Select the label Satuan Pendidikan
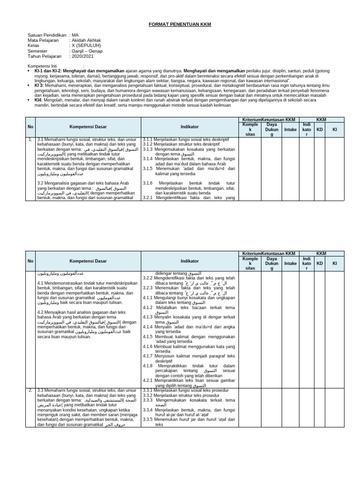point(46,35)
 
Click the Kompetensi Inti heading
point(45,66)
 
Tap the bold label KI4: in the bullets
point(38,100)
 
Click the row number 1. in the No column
point(30,140)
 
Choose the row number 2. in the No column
point(30,390)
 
